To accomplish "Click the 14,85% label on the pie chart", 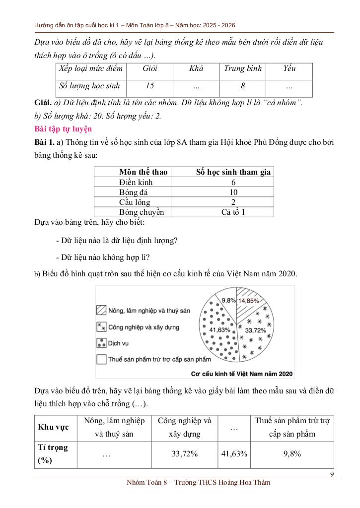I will tap(249, 301).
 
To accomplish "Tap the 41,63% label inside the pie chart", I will tap(220, 330).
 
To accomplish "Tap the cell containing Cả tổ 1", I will tap(233, 212).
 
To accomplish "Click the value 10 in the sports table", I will tap(233, 192).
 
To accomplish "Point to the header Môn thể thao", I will tap(144, 172).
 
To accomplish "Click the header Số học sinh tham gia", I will tap(233, 172).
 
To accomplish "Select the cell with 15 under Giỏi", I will tap(150, 86).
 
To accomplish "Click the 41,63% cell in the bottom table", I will tap(233, 453).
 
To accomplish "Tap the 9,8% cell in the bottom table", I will tap(292, 453).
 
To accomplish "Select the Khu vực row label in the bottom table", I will tap(54, 427).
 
